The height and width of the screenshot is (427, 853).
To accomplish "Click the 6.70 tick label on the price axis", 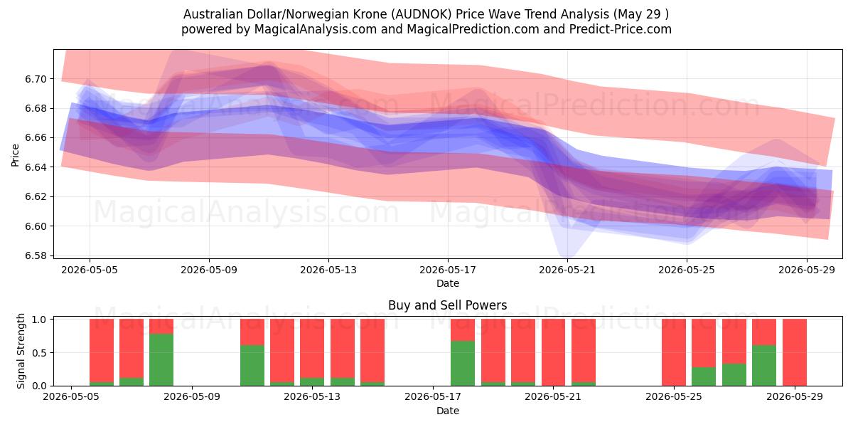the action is (x=36, y=79).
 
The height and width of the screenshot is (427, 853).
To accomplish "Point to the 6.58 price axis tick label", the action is (x=36, y=255).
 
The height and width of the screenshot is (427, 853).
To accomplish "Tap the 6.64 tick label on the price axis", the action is (x=36, y=167).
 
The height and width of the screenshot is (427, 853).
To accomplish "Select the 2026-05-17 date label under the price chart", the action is (x=448, y=270).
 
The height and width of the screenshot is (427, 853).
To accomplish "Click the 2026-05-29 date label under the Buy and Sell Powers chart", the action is (x=795, y=396).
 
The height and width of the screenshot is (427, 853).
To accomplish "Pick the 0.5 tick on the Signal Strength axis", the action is (x=39, y=353).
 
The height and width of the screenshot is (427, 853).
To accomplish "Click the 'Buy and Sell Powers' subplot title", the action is (x=447, y=305).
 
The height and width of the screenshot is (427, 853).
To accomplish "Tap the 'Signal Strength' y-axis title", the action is (x=21, y=351).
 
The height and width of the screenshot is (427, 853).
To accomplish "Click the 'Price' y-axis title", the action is (x=15, y=155).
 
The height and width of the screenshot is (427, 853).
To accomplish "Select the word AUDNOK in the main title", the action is (x=423, y=14).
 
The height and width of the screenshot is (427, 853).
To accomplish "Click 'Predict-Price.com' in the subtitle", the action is (x=621, y=29).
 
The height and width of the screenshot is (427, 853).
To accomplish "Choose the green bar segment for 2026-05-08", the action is (x=161, y=359).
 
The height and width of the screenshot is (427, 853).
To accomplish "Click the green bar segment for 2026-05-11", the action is (x=252, y=365).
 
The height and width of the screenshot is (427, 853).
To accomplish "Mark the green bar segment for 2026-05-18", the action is (x=463, y=364).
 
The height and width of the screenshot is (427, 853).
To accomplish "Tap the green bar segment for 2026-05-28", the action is (x=764, y=365).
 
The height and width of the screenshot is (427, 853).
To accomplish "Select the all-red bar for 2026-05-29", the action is (x=795, y=352).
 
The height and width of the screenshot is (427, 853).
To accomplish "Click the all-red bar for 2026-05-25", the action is (x=674, y=352).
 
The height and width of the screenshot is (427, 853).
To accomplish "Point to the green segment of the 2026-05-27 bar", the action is (x=734, y=375).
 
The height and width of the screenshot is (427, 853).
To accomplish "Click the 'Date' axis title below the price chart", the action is (x=448, y=283).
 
